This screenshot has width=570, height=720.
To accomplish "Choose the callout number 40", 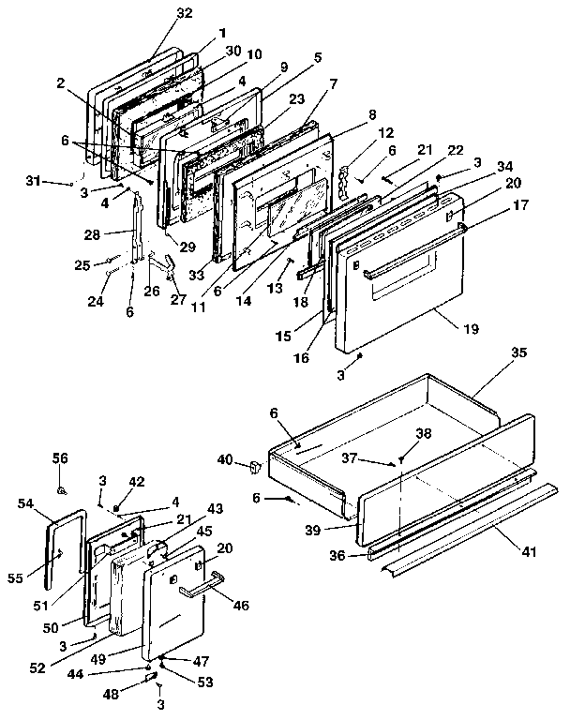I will coord(225,458).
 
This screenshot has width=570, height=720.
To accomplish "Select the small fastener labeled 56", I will coord(61,488).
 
